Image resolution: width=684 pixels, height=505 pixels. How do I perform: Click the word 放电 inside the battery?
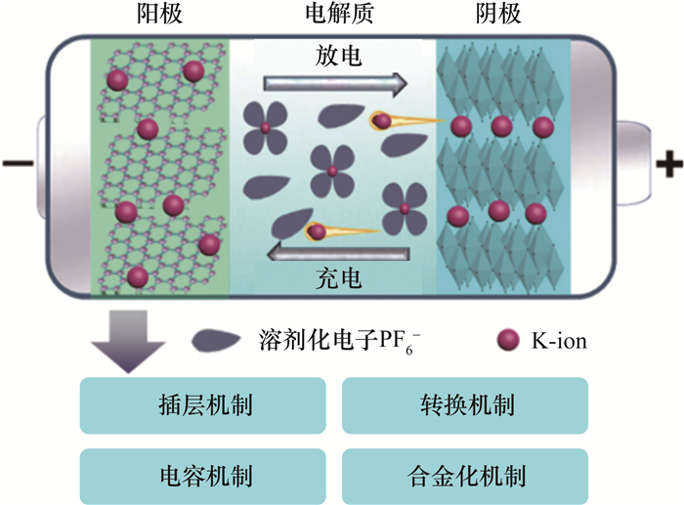339,57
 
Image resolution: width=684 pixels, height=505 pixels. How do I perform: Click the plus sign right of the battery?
668,164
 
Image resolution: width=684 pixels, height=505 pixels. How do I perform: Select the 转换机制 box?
464,405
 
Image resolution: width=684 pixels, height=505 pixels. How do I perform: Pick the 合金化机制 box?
464,476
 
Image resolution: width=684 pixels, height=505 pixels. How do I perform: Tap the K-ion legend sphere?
506,340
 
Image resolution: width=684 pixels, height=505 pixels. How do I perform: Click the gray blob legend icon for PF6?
216,340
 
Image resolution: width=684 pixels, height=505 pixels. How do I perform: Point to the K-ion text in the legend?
558,341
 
